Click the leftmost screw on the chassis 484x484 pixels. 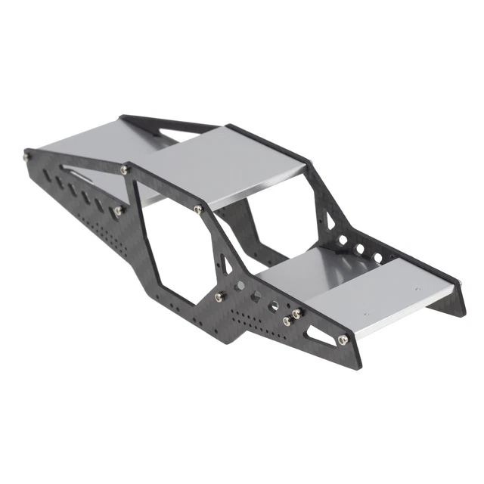27,157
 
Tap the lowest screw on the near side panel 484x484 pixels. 343,340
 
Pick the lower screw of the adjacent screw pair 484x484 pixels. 287,321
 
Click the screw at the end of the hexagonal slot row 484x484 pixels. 119,209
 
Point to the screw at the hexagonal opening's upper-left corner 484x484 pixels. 126,171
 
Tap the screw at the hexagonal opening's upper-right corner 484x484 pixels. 197,209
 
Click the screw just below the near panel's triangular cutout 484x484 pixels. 219,296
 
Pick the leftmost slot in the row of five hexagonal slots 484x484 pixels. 47,175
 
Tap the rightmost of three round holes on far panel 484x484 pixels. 378,258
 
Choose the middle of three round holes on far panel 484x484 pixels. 360,249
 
